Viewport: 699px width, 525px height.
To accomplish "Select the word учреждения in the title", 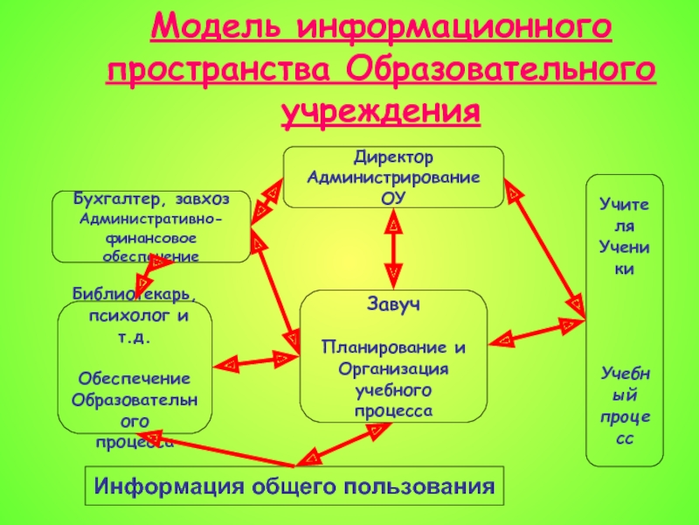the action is [x=381, y=112].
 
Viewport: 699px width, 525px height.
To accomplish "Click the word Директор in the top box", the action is [x=394, y=157].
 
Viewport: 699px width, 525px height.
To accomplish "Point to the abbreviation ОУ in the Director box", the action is [x=393, y=199].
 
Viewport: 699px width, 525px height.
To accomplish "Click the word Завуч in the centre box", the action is [x=393, y=304].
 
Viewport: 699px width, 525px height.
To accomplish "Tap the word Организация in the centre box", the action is [x=393, y=368].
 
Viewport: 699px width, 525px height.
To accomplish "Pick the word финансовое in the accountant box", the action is [x=151, y=238].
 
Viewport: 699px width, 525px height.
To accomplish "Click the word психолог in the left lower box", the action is [x=127, y=317].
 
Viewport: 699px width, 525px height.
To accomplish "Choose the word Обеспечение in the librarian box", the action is [x=135, y=379].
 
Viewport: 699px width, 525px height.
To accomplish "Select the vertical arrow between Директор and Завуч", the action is [x=393, y=248].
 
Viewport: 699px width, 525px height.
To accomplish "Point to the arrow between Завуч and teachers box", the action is [x=536, y=332].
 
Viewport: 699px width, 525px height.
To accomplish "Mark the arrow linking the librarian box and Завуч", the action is [x=256, y=361].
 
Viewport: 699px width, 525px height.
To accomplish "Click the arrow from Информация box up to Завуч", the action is [x=343, y=444].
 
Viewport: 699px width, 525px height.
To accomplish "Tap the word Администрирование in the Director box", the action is [x=393, y=178].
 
